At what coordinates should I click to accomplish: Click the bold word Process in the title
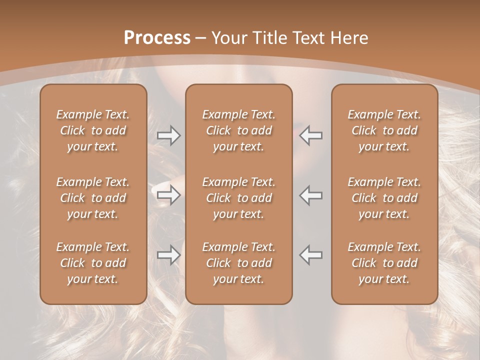coord(157,38)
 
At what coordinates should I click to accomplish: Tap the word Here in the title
coord(348,38)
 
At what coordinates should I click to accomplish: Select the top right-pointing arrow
coord(168,135)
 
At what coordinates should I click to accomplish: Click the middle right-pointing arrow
coord(168,195)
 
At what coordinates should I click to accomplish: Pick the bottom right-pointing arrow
coord(168,255)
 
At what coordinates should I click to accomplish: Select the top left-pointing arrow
coord(311,135)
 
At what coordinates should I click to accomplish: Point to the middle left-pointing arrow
coord(311,195)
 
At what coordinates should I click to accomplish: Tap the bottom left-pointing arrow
coord(311,255)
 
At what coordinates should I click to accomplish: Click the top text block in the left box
coord(93,130)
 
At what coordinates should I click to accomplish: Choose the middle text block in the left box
coord(93,198)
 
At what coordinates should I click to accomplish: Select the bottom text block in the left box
coord(93,263)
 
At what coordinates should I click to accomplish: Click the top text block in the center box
coord(238,130)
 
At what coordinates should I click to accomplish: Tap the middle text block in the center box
coord(238,198)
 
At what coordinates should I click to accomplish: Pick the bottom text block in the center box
coord(238,263)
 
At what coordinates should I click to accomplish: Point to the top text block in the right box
coord(384,130)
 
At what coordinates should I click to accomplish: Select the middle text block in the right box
coord(384,198)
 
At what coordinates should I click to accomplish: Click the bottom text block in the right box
coord(384,263)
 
